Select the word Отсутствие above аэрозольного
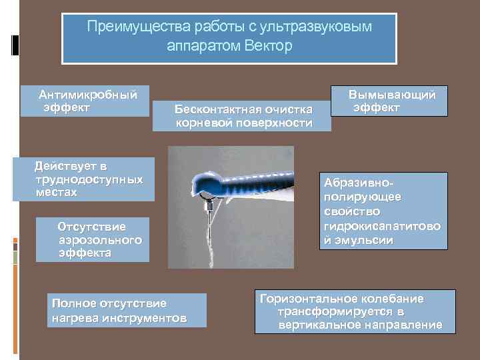point(91,227)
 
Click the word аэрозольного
point(100,240)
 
